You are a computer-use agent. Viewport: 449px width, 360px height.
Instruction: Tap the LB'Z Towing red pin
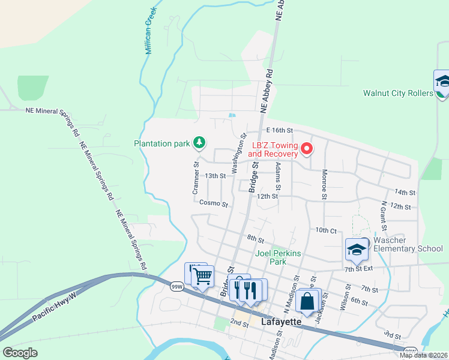click(307, 148)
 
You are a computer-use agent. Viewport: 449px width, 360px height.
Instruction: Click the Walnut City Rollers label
click(398, 93)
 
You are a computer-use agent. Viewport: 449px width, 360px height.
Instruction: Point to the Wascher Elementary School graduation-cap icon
click(357, 250)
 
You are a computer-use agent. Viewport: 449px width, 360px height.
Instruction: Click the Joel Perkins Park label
click(279, 257)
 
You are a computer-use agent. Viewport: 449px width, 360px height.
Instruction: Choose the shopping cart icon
click(203, 276)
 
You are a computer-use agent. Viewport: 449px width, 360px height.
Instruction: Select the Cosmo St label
click(214, 204)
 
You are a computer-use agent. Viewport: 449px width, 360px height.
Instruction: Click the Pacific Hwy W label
click(55, 307)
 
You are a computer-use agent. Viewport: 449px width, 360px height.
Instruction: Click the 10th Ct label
click(326, 230)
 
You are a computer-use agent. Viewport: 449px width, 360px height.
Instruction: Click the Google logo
click(20, 353)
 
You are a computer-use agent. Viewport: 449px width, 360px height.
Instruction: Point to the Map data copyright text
click(423, 355)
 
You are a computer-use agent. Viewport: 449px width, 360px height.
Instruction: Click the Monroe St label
click(324, 184)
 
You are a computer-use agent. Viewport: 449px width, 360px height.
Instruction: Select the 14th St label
click(405, 192)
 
